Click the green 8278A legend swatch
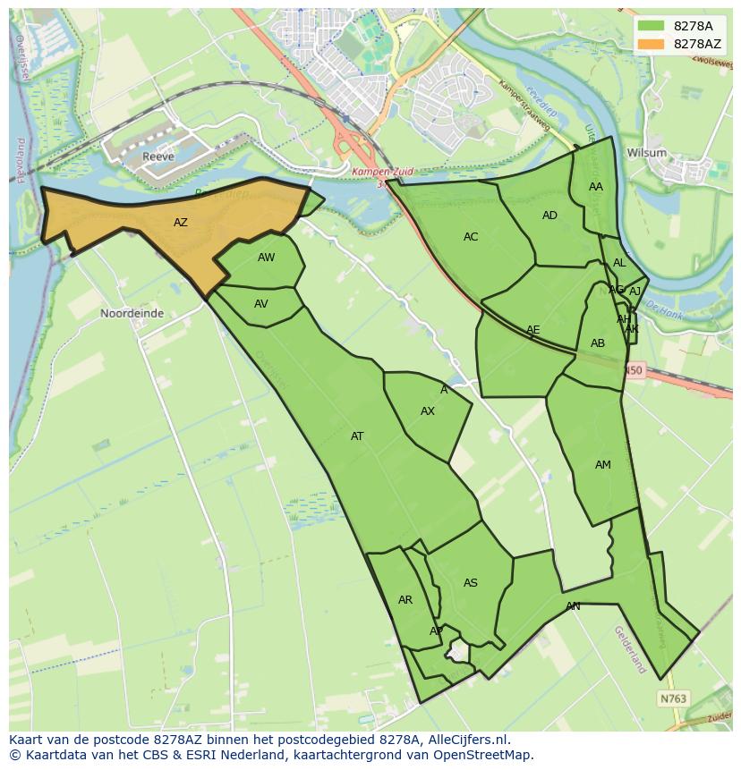(651, 26)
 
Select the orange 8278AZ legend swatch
(651, 44)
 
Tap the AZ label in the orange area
(181, 223)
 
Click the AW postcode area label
(266, 258)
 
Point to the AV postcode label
(261, 304)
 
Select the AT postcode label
(357, 436)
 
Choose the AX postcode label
(428, 411)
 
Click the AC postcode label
(471, 237)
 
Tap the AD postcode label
(549, 216)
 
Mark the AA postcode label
(596, 187)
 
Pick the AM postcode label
(603, 465)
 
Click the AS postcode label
(471, 583)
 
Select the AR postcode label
(405, 600)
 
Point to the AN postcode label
(573, 606)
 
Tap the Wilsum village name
(647, 153)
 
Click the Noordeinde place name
(132, 314)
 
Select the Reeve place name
(158, 157)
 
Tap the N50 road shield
(634, 369)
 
